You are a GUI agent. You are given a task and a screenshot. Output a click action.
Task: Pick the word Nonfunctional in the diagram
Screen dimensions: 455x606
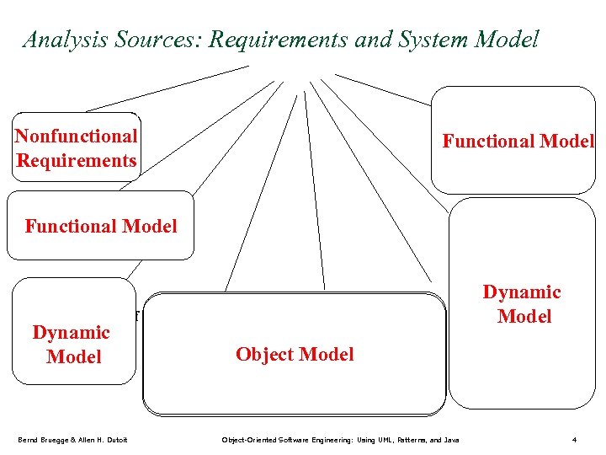tap(76, 136)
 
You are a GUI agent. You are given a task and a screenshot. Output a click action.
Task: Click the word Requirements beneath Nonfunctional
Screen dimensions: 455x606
tap(76, 160)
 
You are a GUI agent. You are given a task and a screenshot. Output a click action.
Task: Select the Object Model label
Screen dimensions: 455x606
tap(295, 354)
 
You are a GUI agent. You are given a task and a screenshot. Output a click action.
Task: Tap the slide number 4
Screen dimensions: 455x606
tap(573, 440)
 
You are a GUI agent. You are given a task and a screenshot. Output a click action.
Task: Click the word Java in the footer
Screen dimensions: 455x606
tap(450, 440)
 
